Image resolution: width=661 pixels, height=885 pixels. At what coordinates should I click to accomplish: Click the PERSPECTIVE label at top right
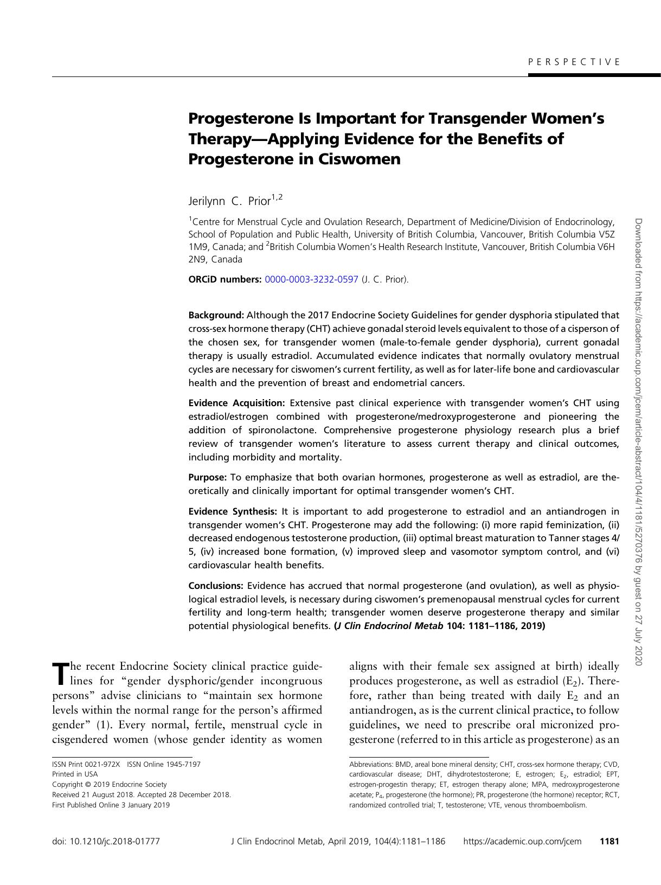pyautogui.click(x=574, y=62)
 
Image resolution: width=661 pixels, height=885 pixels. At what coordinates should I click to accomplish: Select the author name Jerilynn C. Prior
pyautogui.click(x=229, y=201)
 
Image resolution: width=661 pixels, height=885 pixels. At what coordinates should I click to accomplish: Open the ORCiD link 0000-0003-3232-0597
pyautogui.click(x=311, y=279)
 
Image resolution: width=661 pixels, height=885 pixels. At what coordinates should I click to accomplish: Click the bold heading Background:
pyautogui.click(x=216, y=315)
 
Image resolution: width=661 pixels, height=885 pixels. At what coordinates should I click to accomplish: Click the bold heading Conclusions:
pyautogui.click(x=216, y=586)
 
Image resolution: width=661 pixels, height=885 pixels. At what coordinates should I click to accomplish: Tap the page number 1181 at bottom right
pyautogui.click(x=609, y=842)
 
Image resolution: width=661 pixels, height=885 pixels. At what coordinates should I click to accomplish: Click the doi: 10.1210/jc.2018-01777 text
pyautogui.click(x=106, y=842)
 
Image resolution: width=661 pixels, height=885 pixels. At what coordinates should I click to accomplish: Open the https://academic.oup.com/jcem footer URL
pyautogui.click(x=522, y=842)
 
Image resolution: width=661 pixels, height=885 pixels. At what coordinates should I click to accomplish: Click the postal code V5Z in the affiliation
pyautogui.click(x=606, y=234)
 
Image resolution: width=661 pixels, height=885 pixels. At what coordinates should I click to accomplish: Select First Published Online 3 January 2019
pyautogui.click(x=111, y=805)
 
